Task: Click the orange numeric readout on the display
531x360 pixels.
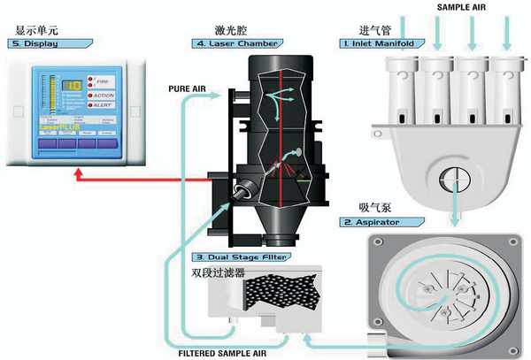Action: (x=74, y=86)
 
